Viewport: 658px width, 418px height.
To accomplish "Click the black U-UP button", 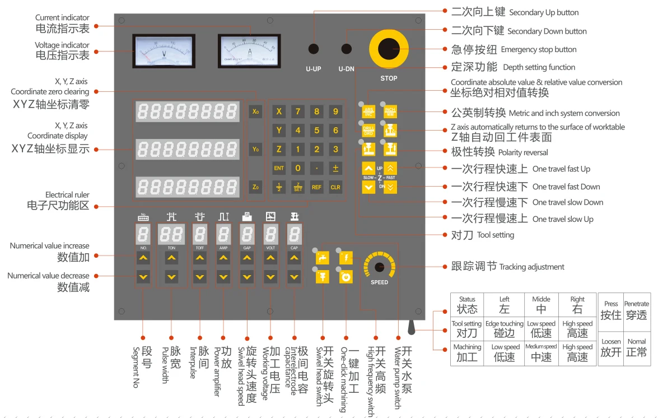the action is point(313,49).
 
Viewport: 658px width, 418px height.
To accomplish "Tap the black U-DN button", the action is point(347,49).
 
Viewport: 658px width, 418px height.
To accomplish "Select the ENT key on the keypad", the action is point(279,168).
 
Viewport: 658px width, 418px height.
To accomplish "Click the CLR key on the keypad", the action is point(335,187).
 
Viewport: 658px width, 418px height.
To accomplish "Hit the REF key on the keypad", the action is point(316,187).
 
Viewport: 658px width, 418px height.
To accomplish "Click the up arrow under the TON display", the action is point(171,258).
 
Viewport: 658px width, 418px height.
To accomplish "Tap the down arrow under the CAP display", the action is point(294,277).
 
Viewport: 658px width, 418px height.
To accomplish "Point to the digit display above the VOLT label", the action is point(270,234).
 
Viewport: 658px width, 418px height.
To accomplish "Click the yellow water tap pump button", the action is point(322,258).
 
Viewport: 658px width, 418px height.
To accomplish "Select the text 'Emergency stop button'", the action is point(538,49).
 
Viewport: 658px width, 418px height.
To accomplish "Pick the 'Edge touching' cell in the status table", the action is point(504,328).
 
